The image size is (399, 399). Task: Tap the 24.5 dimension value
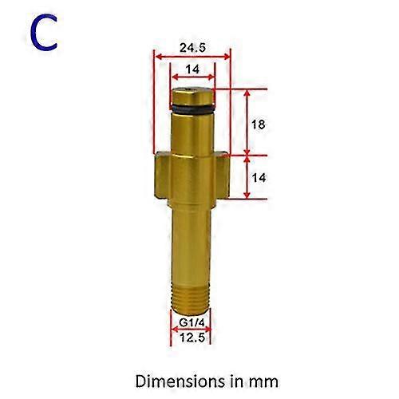[192, 47]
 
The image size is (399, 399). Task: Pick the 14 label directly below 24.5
[192, 70]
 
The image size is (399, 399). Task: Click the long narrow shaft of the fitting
[192, 239]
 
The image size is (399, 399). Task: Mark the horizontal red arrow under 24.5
[192, 57]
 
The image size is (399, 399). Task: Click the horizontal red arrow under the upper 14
[192, 79]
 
